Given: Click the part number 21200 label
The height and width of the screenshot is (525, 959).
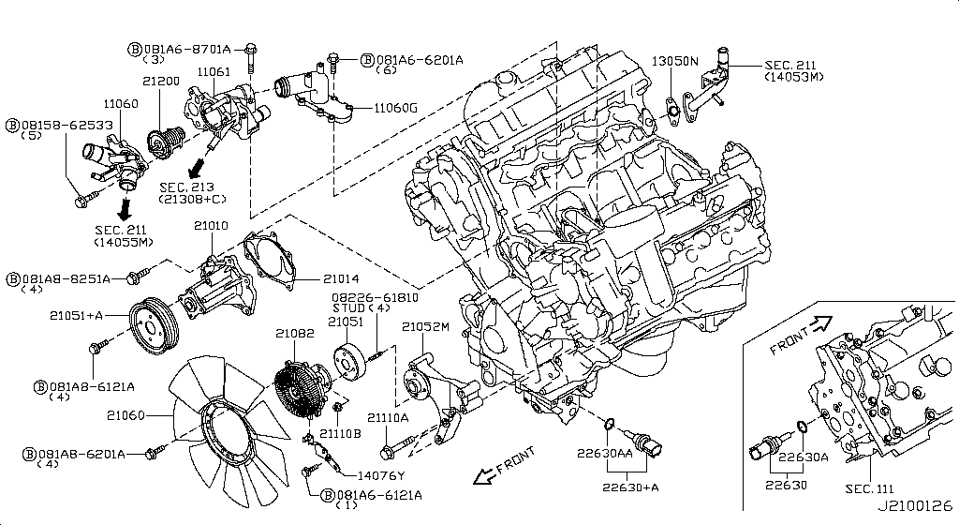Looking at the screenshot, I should click(161, 82).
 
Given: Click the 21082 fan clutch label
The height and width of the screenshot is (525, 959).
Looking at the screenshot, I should click(294, 333).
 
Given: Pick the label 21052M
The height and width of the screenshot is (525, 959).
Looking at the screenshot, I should click(426, 326).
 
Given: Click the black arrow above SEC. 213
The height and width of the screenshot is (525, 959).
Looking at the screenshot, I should click(195, 170).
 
